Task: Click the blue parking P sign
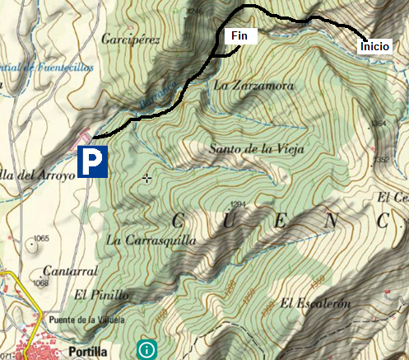[94, 161]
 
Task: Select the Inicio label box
[374, 47]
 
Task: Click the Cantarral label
[72, 270]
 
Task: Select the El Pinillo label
[100, 294]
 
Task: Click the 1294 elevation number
[239, 204]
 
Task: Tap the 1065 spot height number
[42, 240]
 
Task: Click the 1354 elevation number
[379, 124]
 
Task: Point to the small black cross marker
[147, 177]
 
